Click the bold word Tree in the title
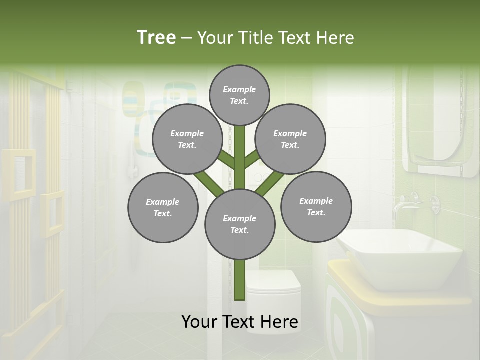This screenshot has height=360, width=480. (156, 37)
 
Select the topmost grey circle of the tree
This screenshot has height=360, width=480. (239, 95)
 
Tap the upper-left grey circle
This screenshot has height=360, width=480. (187, 139)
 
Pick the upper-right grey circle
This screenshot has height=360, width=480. (290, 139)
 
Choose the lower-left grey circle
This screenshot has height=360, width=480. (163, 207)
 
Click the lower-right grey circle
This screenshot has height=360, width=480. (316, 206)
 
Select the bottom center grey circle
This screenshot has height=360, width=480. (240, 224)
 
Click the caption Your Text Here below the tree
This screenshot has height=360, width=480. (240, 322)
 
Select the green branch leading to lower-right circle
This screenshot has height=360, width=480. (270, 183)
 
